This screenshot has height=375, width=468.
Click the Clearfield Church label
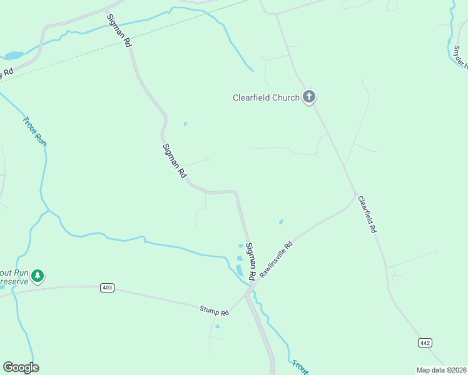[266, 97]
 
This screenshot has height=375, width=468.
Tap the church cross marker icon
[308, 97]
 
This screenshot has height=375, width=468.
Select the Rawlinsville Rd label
[276, 260]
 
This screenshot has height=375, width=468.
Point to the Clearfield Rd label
[367, 214]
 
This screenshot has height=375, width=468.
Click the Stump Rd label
[215, 309]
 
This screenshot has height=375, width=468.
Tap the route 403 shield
[107, 287]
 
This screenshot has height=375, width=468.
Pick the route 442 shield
[425, 342]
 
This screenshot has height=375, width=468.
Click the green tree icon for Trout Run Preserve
[38, 276]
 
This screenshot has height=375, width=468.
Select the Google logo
[21, 367]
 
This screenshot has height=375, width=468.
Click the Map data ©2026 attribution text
[442, 369]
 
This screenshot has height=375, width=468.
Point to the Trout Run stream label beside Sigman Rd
[35, 131]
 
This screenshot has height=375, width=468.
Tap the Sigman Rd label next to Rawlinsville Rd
[251, 261]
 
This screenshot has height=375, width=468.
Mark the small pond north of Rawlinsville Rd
[281, 221]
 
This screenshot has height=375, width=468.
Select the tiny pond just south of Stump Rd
[217, 326]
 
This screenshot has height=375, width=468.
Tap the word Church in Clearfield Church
[286, 97]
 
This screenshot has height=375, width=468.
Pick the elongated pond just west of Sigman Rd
[239, 270]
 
